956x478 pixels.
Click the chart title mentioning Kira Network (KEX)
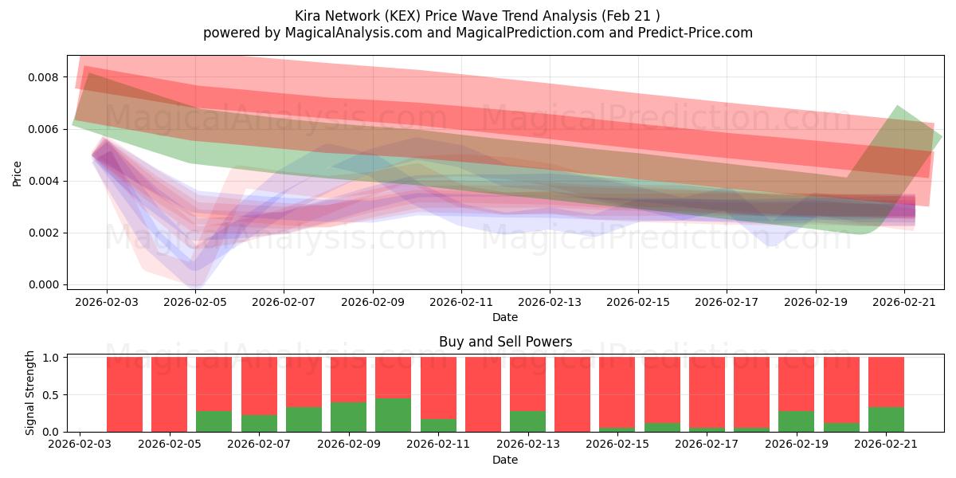pos(477,16)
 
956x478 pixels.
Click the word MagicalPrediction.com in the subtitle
pos(530,33)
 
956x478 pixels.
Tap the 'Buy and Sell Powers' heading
pos(505,342)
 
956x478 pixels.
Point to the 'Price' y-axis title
pos(17,174)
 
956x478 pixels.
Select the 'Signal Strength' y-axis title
pos(29,393)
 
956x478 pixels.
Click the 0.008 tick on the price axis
pos(43,77)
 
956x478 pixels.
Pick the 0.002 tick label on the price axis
pos(43,233)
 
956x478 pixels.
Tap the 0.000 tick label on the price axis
pos(43,284)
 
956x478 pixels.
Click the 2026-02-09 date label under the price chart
pos(373,302)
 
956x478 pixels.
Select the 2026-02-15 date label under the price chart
pos(638,302)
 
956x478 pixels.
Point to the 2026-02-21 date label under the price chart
pos(904,302)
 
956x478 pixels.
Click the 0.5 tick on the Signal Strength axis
pos(51,395)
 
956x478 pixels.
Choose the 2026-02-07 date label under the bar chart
pos(259,445)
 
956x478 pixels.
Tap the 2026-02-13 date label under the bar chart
pos(528,445)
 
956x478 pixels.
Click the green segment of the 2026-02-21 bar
pos(886,420)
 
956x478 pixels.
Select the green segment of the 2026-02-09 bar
pos(348,417)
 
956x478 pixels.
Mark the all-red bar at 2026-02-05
pos(170,394)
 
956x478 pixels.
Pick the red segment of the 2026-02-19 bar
pos(797,384)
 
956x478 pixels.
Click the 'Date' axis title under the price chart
pos(505,318)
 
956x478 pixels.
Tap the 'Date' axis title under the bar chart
pos(505,460)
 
